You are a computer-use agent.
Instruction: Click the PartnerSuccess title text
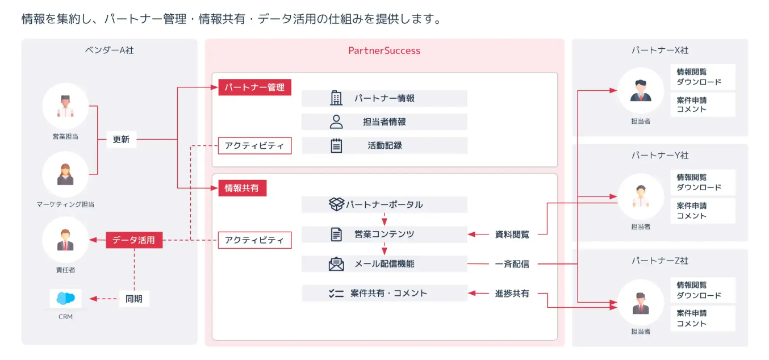coord(384,51)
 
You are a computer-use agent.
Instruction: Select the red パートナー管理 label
coord(254,87)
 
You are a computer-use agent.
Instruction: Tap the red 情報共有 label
coord(242,188)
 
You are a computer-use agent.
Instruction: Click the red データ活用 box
coord(134,240)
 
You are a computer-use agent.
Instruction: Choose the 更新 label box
coord(121,139)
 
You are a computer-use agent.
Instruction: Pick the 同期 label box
coord(134,299)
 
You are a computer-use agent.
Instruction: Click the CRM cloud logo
coord(65,299)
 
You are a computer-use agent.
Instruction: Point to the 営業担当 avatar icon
coord(65,106)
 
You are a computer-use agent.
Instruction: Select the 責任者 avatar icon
coord(65,240)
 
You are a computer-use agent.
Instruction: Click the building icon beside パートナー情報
coord(336,98)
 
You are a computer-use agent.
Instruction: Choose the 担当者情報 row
coord(384,122)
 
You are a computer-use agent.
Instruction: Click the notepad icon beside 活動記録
coord(336,145)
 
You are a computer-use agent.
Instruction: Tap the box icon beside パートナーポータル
coord(336,204)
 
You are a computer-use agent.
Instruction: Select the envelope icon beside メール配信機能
coord(336,264)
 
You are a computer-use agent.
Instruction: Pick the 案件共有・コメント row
coord(384,293)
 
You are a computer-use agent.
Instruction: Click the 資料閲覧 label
coord(512,234)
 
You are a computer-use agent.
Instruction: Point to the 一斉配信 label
coord(512,263)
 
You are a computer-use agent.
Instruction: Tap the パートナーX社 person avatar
coord(640,91)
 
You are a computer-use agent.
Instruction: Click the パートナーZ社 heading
coord(660,261)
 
